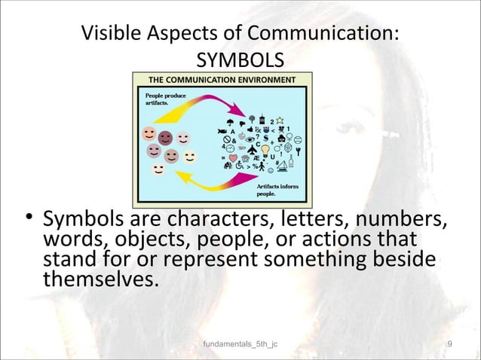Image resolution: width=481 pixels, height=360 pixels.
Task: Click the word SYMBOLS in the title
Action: pyautogui.click(x=240, y=59)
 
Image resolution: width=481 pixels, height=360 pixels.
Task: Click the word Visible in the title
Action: pyautogui.click(x=112, y=34)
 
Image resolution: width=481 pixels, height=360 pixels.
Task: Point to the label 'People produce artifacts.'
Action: pyautogui.click(x=160, y=99)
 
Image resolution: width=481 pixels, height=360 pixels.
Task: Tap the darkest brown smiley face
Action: pyautogui.click(x=165, y=137)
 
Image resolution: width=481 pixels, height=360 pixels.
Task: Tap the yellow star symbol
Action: pyautogui.click(x=279, y=119)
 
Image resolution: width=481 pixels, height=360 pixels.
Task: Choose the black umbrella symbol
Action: pyautogui.click(x=228, y=124)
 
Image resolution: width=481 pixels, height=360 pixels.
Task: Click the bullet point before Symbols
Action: pyautogui.click(x=29, y=219)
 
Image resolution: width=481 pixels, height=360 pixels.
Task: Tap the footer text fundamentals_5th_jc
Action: pyautogui.click(x=240, y=344)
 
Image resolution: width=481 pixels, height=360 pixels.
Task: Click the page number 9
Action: pyautogui.click(x=449, y=344)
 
